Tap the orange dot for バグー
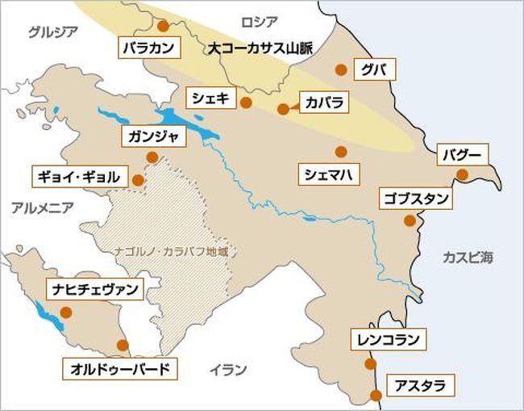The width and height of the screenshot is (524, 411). point(462,174)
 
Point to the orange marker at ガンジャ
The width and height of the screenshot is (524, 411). point(152,157)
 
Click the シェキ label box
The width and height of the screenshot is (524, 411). point(210,99)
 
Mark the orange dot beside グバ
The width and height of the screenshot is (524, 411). point(341,69)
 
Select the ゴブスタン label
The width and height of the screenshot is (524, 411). point(415,198)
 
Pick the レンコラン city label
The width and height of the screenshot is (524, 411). point(389,339)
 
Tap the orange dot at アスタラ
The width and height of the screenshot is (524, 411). point(376,395)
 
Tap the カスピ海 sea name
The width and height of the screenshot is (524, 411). point(468,257)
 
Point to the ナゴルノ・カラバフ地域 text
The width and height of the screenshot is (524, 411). point(173,250)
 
